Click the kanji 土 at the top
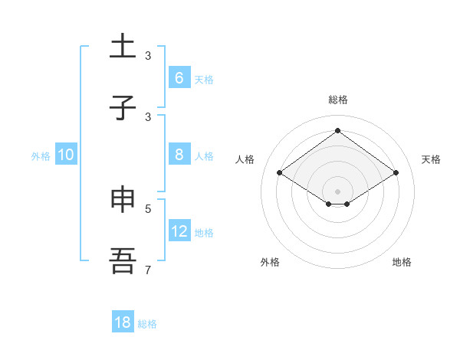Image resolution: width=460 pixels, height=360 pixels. click(123, 47)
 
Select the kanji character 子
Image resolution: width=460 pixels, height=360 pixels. click(123, 107)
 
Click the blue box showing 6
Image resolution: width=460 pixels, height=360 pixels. click(179, 78)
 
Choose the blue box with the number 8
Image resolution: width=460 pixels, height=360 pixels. click(179, 155)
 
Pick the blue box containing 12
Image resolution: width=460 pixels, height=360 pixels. click(179, 231)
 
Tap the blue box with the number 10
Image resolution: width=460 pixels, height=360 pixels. click(66, 155)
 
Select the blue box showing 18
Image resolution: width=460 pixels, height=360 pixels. click(123, 322)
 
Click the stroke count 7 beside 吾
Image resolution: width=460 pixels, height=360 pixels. click(148, 270)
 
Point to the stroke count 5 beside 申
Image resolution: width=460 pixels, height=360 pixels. click(148, 208)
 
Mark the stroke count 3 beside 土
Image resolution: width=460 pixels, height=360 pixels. click(148, 55)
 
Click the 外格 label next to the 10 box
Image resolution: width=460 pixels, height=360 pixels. click(41, 155)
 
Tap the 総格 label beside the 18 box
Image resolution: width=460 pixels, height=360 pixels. click(147, 323)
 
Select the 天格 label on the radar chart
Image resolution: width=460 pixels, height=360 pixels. click(431, 159)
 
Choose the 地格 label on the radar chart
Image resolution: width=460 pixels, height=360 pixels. click(402, 262)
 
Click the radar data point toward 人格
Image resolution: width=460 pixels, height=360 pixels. click(280, 173)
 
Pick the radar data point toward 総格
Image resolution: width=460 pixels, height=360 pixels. click(337, 131)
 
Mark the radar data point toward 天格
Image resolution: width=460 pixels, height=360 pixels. click(396, 173)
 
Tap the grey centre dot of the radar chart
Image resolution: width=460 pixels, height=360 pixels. click(337, 191)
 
